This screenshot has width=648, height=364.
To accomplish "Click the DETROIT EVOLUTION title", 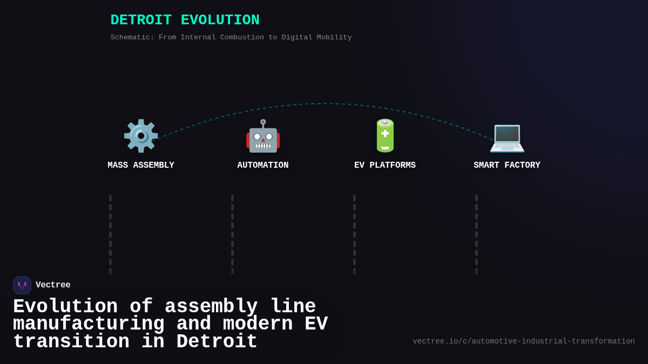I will tap(185, 20).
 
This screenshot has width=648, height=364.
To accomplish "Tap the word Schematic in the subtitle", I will tap(132, 38).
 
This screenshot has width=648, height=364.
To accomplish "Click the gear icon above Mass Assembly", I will tap(140, 135).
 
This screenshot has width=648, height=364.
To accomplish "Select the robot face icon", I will tap(263, 136).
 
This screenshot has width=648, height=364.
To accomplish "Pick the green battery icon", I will tap(385, 135).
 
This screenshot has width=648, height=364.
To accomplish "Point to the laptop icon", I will tap(507, 136).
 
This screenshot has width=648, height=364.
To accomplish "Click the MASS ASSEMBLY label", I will tap(141, 166).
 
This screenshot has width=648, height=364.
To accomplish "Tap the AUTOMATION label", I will tap(263, 166).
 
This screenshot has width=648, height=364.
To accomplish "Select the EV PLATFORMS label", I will tap(385, 166).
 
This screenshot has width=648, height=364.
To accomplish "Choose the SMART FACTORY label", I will tap(507, 166).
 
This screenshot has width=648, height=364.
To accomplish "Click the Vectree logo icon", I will tap(22, 285).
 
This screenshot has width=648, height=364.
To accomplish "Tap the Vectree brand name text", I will tap(53, 285).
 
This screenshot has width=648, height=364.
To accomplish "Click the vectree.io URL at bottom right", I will tap(524, 341).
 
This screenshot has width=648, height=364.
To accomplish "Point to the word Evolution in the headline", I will tap(65, 307).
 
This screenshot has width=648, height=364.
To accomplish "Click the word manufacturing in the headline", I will tap(89, 324).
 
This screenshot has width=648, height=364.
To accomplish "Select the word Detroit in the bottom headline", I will tap(217, 342).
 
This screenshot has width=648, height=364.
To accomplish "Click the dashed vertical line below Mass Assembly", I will tap(111, 235).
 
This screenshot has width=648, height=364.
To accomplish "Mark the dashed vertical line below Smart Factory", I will tap(476, 235).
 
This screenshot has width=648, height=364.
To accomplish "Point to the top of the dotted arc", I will tap(324, 104).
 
